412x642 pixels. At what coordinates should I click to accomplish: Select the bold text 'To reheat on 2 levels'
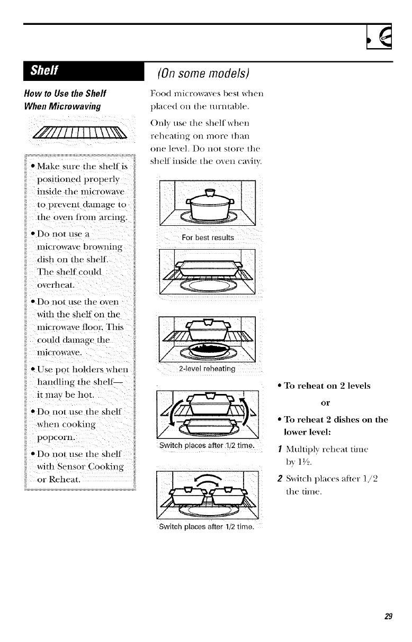pos(329,386)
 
